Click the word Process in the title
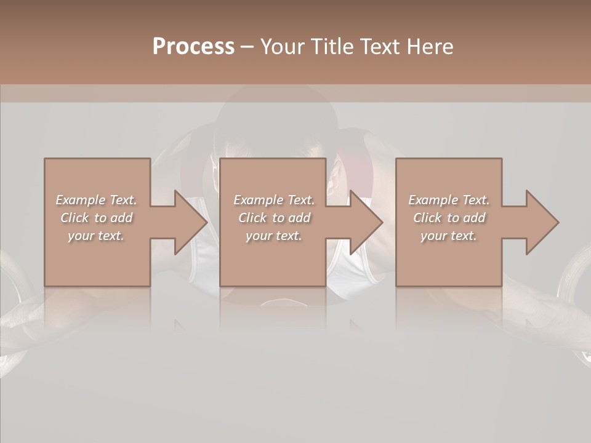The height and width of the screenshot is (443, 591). pos(193,46)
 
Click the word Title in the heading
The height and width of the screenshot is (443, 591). pos(331,46)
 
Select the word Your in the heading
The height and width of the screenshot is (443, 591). pos(283,46)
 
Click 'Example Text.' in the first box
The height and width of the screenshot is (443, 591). pos(96,200)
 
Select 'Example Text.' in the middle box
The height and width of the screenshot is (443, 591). pos(274,200)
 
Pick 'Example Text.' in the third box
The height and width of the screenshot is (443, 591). pos(449,200)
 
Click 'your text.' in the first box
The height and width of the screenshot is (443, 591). pos(96,236)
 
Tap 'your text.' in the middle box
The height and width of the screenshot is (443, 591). pos(274,236)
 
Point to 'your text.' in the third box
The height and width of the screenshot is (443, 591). pos(449,236)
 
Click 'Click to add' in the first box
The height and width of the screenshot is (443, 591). pos(96,218)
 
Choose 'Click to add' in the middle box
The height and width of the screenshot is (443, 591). pos(274,218)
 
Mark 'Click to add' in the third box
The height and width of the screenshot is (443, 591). pos(449,218)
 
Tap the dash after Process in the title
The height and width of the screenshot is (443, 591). pos(247,47)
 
